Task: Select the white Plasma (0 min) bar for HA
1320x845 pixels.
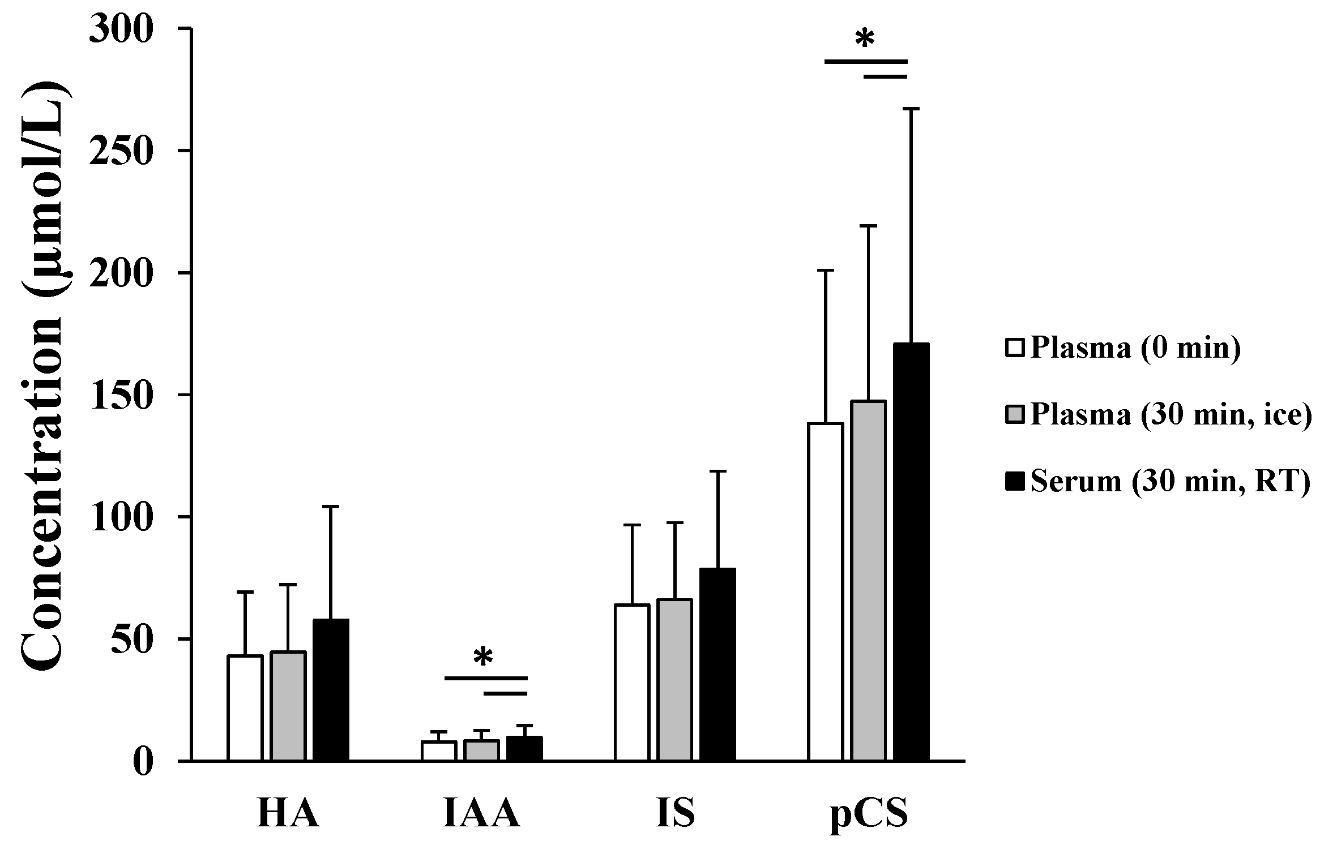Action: point(245,707)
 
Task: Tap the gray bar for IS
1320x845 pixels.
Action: point(674,679)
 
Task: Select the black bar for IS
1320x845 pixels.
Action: point(717,664)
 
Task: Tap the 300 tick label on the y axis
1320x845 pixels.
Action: point(121,29)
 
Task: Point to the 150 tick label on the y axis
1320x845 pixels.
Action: point(121,395)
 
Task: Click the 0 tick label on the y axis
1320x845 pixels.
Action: point(143,762)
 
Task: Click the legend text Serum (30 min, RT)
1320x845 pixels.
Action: point(1170,481)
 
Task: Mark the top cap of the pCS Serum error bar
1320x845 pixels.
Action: point(911,108)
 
